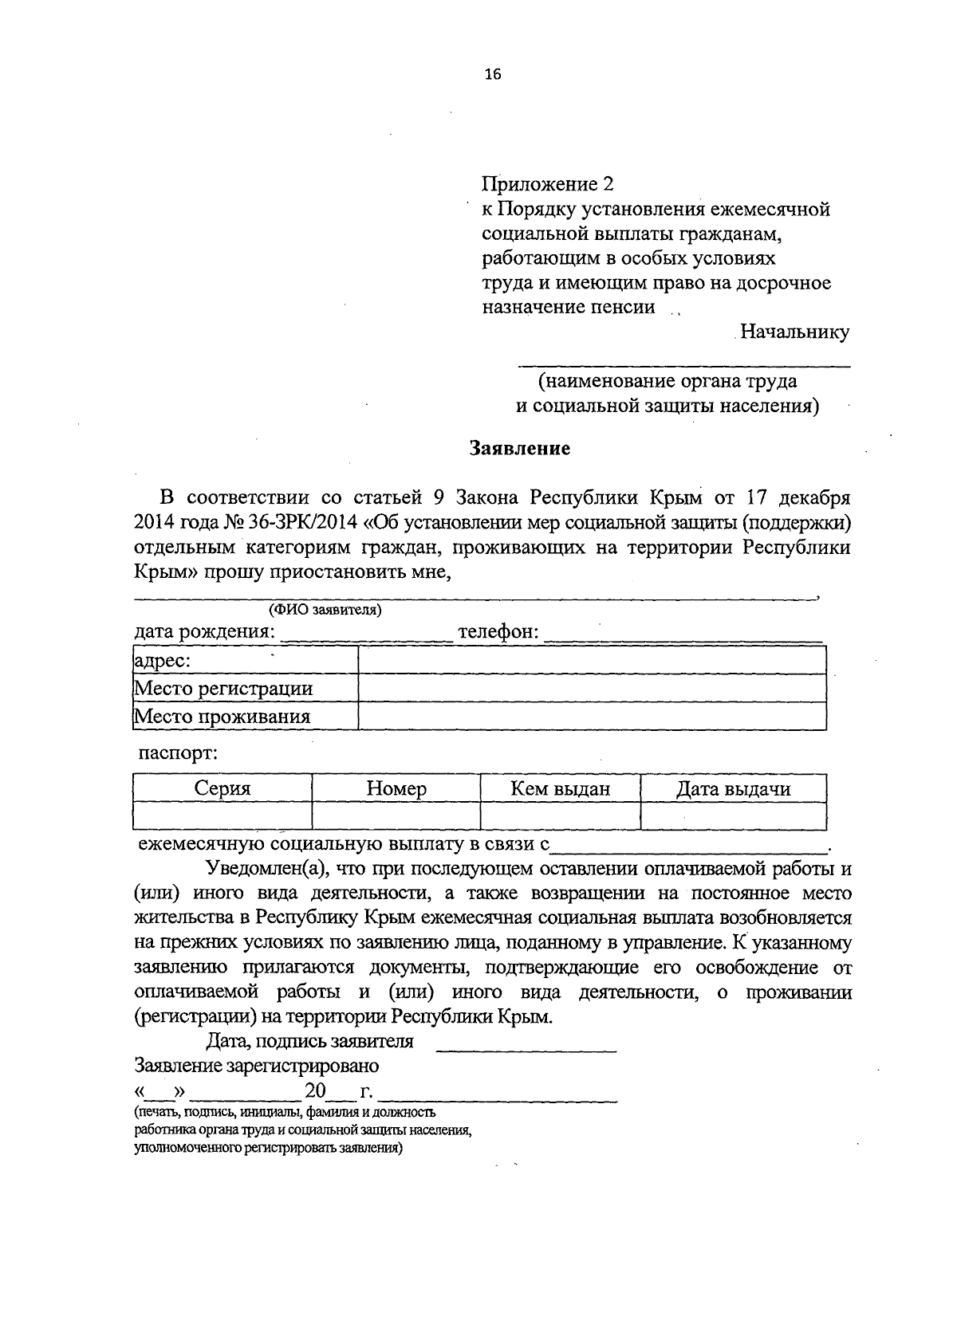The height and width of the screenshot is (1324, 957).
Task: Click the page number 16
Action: [x=492, y=75]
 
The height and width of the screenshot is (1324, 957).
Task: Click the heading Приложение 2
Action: [x=549, y=185]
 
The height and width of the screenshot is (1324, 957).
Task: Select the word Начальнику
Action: [x=794, y=332]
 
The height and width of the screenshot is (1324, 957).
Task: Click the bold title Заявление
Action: [x=519, y=448]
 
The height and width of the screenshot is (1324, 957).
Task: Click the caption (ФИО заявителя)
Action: [x=325, y=611]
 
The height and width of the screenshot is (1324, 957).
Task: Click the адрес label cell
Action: [x=245, y=660]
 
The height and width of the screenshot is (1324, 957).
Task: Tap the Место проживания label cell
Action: [x=245, y=716]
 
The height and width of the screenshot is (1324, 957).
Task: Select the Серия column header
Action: [x=223, y=789]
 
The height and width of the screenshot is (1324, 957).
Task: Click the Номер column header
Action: [x=396, y=789]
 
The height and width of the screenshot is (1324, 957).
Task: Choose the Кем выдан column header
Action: [x=560, y=789]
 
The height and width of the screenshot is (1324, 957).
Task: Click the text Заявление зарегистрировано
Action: [x=257, y=1066]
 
